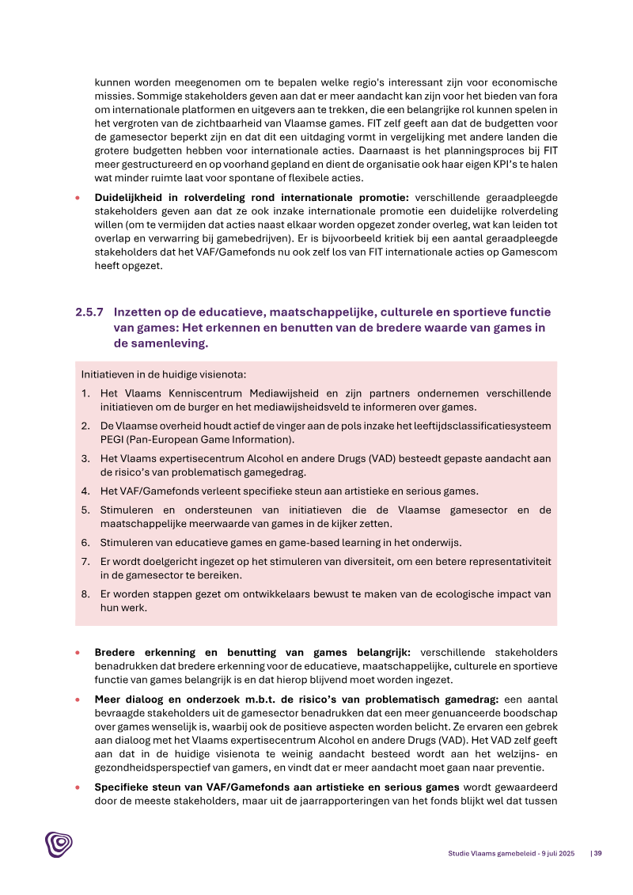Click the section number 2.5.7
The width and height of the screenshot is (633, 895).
(89, 313)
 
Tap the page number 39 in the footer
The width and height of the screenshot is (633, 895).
(598, 853)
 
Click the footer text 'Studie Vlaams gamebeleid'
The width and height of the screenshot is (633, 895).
(485, 853)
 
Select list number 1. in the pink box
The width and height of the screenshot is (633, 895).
(85, 393)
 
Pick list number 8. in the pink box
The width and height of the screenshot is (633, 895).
(85, 594)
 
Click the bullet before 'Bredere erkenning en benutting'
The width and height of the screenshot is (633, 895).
(78, 653)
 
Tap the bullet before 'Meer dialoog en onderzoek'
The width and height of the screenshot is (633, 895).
(78, 700)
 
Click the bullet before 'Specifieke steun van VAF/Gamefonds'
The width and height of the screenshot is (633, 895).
(78, 787)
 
